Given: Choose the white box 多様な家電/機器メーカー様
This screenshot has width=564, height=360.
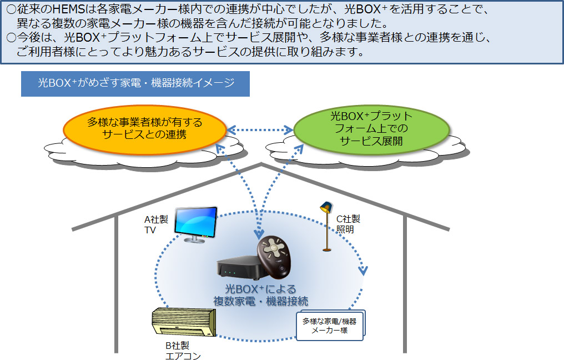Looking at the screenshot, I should [330, 325].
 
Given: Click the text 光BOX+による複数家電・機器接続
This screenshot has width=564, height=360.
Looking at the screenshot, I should [260, 295].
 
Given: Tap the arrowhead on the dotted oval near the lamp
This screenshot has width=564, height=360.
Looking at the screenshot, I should [363, 271].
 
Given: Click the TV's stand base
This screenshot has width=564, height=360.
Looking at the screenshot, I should [195, 241].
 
